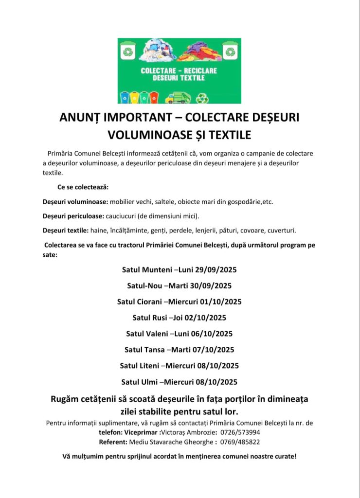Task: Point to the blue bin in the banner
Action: (x=125, y=97)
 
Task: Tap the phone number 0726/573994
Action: (x=240, y=432)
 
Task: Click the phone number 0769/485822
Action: (x=240, y=442)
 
